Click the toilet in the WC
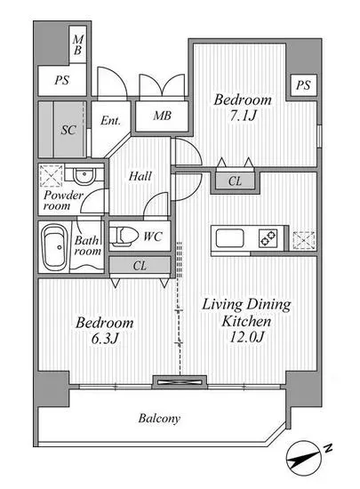[x=124, y=236]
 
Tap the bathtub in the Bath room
[x=54, y=248]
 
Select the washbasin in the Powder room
[x=84, y=175]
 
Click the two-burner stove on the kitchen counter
[x=268, y=239]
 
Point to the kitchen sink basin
[x=230, y=238]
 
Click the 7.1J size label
[x=244, y=116]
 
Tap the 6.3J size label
[x=105, y=339]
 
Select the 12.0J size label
[x=247, y=337]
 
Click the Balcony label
[x=159, y=418]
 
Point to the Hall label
[x=140, y=176]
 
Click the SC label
[x=68, y=130]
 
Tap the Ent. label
[x=110, y=120]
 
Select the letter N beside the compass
[x=328, y=448]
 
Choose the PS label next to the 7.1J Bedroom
[x=303, y=84]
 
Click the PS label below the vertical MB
[x=61, y=80]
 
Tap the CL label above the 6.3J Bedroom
[x=140, y=266]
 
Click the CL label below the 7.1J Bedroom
[x=235, y=180]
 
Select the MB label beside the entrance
[x=162, y=116]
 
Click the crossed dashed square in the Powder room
[x=52, y=176]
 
